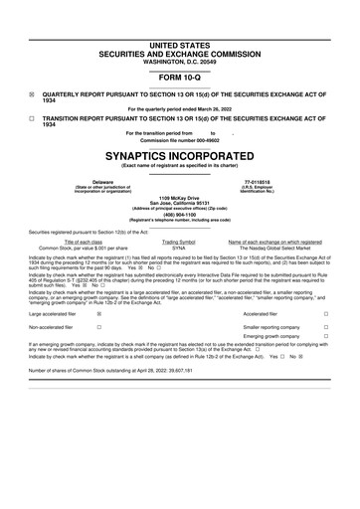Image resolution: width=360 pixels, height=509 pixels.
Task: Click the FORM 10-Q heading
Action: click(x=179, y=76)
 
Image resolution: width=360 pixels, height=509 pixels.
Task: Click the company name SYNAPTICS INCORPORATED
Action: click(x=179, y=156)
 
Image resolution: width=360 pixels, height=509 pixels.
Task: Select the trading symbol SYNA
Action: click(x=179, y=247)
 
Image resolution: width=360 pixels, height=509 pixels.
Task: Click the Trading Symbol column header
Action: click(x=179, y=241)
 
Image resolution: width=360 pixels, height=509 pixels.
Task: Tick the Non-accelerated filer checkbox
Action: click(x=97, y=325)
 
